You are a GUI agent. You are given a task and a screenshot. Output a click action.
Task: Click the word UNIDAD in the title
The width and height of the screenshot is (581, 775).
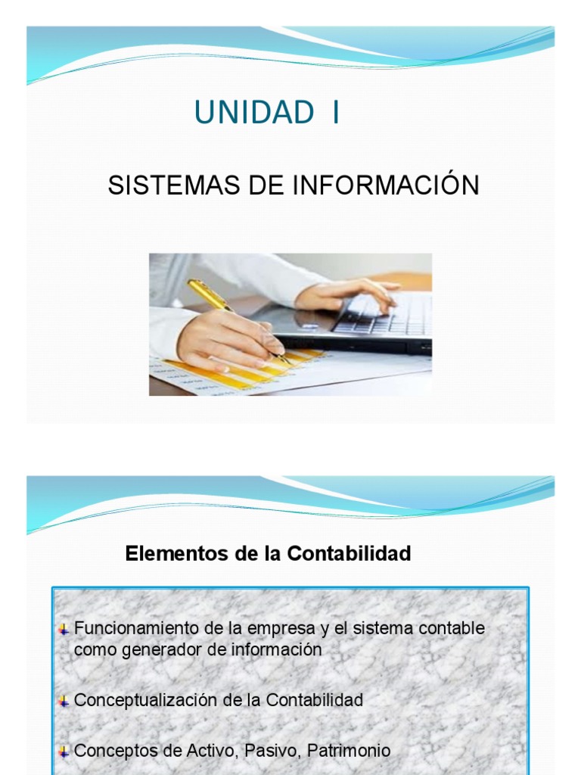point(253,113)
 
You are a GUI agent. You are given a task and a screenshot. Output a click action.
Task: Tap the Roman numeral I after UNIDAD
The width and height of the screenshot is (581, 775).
point(334,113)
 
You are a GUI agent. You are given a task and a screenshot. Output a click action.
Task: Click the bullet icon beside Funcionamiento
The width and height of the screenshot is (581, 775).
point(64,630)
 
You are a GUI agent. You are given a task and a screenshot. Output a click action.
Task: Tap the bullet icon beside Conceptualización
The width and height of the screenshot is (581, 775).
point(64,702)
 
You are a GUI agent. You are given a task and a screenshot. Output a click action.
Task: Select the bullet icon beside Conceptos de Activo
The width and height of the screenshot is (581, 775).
point(64,752)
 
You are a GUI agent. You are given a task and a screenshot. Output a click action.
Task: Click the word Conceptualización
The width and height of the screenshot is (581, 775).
point(147,700)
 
